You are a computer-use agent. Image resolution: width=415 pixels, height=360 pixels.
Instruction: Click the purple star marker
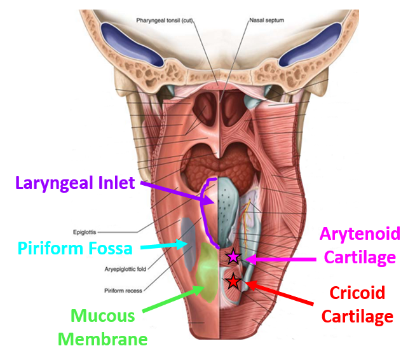tap(233, 257)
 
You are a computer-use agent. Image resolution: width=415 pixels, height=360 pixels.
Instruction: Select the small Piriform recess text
tap(123, 291)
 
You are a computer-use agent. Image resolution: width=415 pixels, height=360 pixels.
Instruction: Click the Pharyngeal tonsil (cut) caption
tap(163, 20)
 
